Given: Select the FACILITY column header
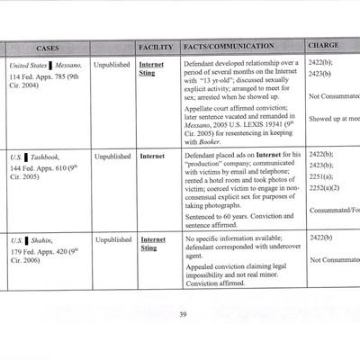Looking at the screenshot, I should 155,46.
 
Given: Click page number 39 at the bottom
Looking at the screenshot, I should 182,313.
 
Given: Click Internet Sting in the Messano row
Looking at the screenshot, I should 153,69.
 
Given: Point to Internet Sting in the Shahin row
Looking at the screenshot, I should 153,245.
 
